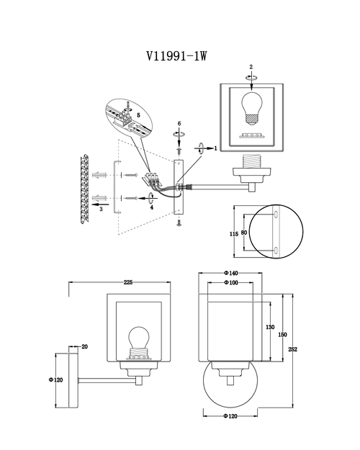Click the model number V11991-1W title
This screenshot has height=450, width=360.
point(176,55)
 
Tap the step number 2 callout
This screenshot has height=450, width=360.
point(251,67)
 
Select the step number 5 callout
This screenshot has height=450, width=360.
point(138,115)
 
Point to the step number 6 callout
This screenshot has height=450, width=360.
point(179,123)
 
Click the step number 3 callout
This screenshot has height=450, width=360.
point(101,210)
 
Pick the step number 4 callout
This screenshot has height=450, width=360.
point(152,207)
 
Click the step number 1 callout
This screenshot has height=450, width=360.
point(215,148)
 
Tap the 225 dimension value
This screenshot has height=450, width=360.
point(128,282)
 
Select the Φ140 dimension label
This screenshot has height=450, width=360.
point(231,273)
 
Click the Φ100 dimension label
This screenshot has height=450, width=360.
point(231,283)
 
